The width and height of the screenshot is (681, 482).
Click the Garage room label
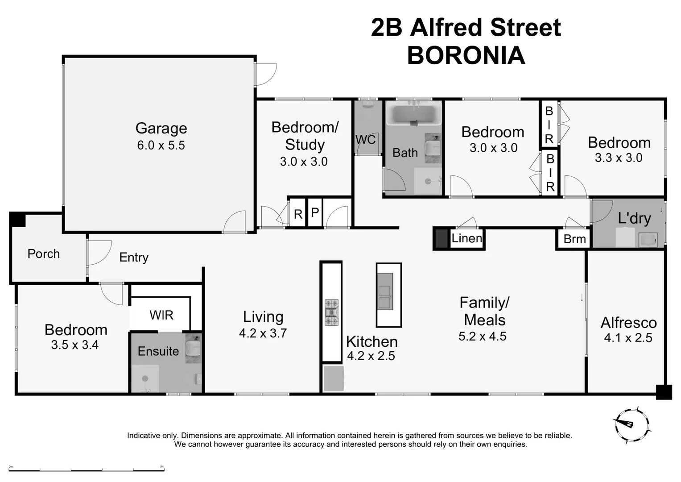coord(161,128)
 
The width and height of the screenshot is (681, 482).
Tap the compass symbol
coord(631,424)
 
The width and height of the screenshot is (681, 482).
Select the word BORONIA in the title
coord(466,56)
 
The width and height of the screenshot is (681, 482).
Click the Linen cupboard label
coord(466,238)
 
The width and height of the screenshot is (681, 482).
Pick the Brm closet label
coord(574,239)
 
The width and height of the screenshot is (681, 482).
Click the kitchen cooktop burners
coord(331,312)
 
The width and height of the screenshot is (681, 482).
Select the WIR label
coord(161,315)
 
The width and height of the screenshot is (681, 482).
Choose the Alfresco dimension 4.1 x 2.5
coord(628,338)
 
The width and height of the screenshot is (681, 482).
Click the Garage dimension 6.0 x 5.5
coord(161,145)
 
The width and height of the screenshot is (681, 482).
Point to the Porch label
coord(43,254)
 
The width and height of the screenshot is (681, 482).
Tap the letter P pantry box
coord(315,213)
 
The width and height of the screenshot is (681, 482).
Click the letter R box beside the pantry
coord(298,214)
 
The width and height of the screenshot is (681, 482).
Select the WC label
coord(365,140)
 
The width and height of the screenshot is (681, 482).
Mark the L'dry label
coord(634,219)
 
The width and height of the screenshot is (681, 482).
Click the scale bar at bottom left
coord(87,470)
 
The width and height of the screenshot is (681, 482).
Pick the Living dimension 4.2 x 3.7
coord(263,333)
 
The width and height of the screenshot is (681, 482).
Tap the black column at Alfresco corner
coord(664,392)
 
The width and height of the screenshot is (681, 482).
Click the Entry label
coord(134,258)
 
